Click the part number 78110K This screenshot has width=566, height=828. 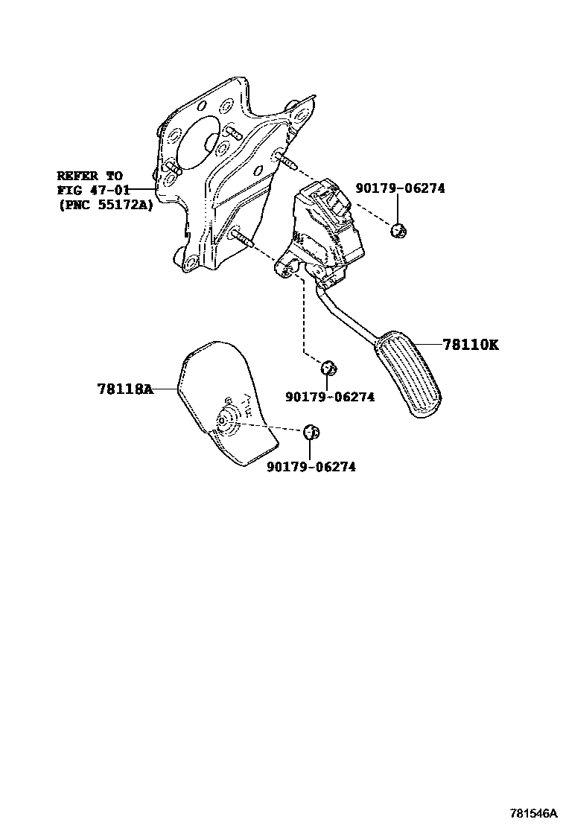[470, 345]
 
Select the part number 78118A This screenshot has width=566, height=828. [124, 388]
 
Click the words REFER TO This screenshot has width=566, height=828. [90, 176]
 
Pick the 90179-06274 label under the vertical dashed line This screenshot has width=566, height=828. [330, 397]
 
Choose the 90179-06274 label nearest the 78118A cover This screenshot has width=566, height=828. [311, 467]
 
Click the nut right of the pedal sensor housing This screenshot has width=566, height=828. [398, 229]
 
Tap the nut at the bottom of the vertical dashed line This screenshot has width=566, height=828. [328, 366]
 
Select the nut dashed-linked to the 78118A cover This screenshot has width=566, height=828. [311, 431]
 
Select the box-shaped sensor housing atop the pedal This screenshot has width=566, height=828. [328, 227]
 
